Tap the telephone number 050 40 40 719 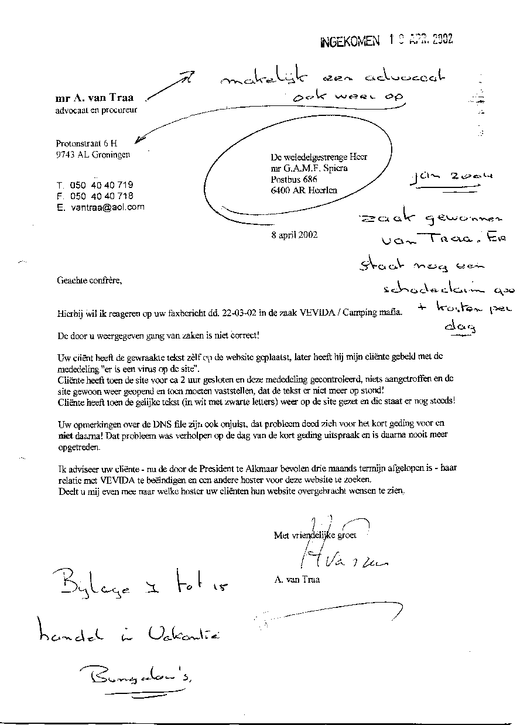(x=102, y=185)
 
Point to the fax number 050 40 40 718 (x=102, y=196)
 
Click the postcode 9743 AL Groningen (x=93, y=155)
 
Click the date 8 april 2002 (x=295, y=235)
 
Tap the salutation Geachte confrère (x=90, y=281)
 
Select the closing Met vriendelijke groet (x=314, y=535)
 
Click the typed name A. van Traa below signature (x=296, y=580)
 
